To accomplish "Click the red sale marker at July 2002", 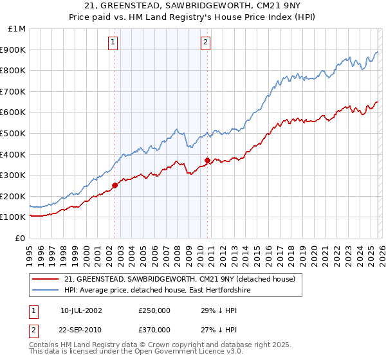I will coord(115,185).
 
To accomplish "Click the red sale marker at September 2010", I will coord(208,160).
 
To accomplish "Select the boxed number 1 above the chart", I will coord(113,42).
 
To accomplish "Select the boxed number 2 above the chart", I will coord(205,42).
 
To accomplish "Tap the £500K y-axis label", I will coord(14,133).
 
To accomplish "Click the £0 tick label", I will coord(20,238).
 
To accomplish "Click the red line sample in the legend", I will coord(46,279).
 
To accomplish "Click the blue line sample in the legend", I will coord(46,291).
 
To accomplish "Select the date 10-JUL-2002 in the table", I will coord(81,310).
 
